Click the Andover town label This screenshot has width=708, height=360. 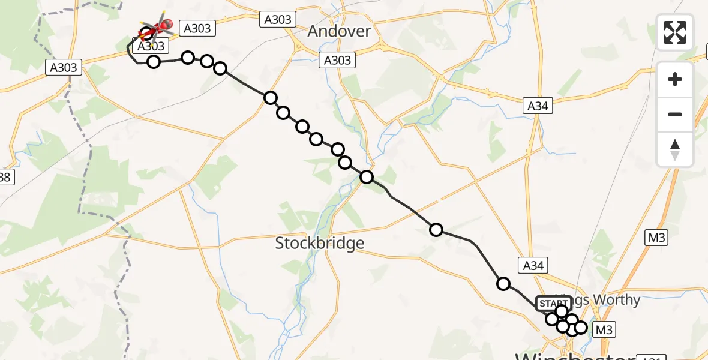(x=339, y=31)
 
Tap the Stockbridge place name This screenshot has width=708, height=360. (x=319, y=243)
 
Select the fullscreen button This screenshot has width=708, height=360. (x=675, y=32)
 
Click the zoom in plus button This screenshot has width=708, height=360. (x=675, y=79)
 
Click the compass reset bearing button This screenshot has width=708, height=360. (x=675, y=149)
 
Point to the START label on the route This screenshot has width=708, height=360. (x=552, y=304)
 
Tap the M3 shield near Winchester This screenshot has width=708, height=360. (x=604, y=329)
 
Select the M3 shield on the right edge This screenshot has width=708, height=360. (x=657, y=238)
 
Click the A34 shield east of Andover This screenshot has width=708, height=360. (x=538, y=106)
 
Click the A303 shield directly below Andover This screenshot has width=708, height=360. (x=337, y=60)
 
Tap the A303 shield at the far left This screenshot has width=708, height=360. (x=63, y=68)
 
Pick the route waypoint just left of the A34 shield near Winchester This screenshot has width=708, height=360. (x=503, y=283)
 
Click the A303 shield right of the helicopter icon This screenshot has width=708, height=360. (x=197, y=28)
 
